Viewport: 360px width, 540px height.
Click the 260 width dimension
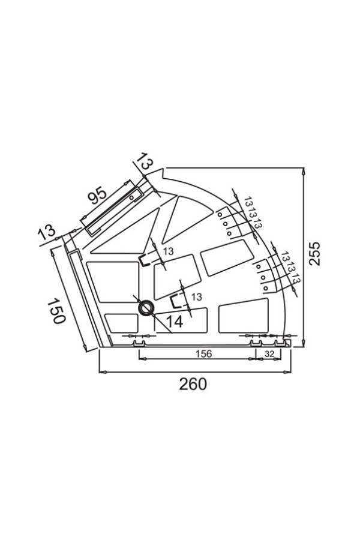pyautogui.click(x=193, y=383)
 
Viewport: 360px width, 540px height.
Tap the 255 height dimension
pyautogui.click(x=314, y=253)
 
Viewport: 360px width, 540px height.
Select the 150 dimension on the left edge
pyautogui.click(x=56, y=311)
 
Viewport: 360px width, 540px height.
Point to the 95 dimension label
pyautogui.click(x=97, y=196)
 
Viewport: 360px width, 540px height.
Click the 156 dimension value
pyautogui.click(x=204, y=353)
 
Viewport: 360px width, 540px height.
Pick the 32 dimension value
pyautogui.click(x=269, y=353)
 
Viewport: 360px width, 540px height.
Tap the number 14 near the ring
pyautogui.click(x=175, y=322)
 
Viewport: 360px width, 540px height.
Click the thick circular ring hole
pyautogui.click(x=146, y=308)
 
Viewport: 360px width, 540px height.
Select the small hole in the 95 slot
pyautogui.click(x=131, y=197)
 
